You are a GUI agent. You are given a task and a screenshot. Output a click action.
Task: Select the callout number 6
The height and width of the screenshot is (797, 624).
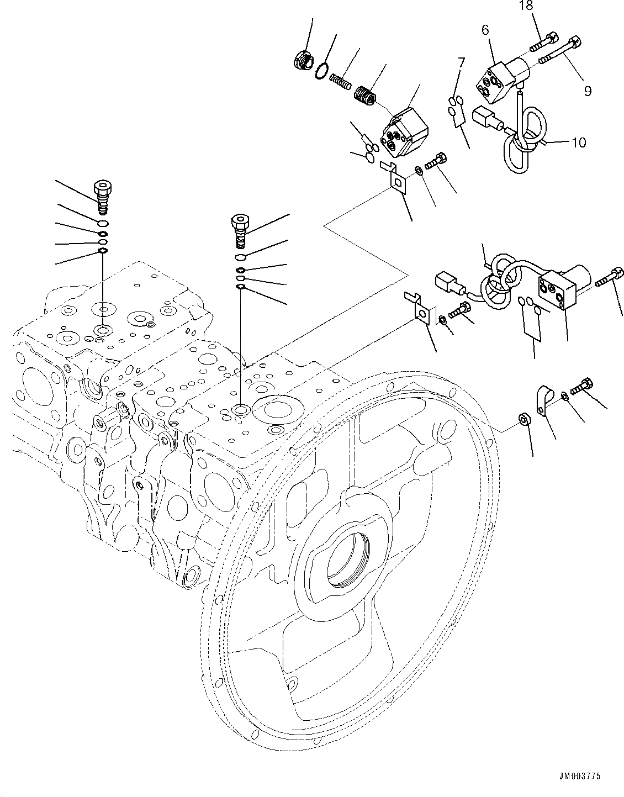click(x=485, y=30)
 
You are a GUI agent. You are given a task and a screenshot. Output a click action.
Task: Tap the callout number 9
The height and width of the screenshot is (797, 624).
click(x=587, y=91)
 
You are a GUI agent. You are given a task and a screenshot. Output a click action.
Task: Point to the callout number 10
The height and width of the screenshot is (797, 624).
click(x=578, y=142)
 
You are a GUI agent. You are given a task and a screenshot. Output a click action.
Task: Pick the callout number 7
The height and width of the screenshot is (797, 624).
click(x=461, y=62)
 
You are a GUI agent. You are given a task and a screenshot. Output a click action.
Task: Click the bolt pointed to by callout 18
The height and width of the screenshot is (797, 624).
click(x=544, y=43)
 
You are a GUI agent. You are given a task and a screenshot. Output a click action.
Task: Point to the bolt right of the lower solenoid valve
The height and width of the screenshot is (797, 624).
click(x=610, y=277)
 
